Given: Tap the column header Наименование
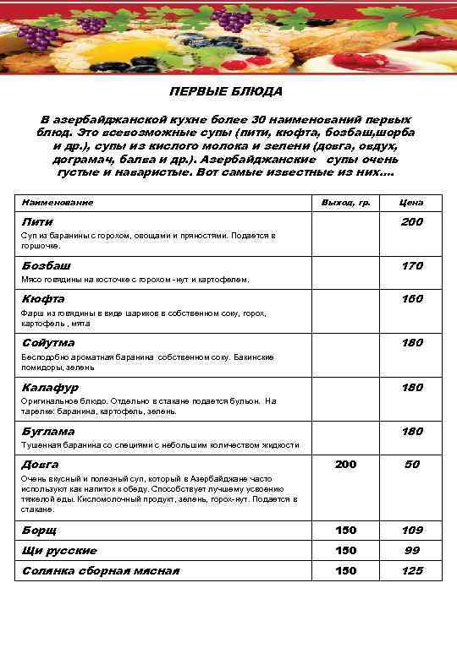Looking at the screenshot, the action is click(58, 203).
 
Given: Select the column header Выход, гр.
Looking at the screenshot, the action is click(346, 203).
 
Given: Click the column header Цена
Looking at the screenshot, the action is click(412, 203).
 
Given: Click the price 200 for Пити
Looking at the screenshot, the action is click(412, 222).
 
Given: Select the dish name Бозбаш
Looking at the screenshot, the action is click(46, 266).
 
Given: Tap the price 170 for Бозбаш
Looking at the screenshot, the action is click(412, 266).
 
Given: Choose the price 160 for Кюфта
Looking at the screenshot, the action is click(412, 299).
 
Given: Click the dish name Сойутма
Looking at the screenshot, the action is click(48, 343).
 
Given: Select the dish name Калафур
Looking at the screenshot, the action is click(50, 387).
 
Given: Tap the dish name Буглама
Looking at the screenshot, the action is click(47, 432).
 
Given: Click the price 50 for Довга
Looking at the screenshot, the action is click(412, 465).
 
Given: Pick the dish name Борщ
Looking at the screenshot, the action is click(39, 531).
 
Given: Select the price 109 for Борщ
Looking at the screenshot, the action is click(412, 531).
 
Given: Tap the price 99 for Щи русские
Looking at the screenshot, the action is click(412, 551).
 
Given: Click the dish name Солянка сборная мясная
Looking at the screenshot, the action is click(100, 571).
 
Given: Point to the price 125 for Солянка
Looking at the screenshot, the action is click(412, 571).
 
